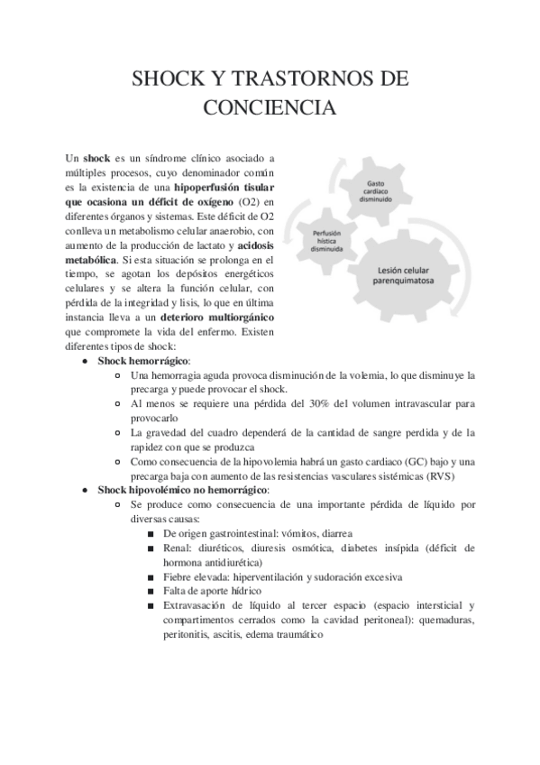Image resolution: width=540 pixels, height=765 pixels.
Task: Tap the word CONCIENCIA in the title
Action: (x=270, y=109)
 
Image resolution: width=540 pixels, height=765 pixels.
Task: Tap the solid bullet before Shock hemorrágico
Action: (x=84, y=361)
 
